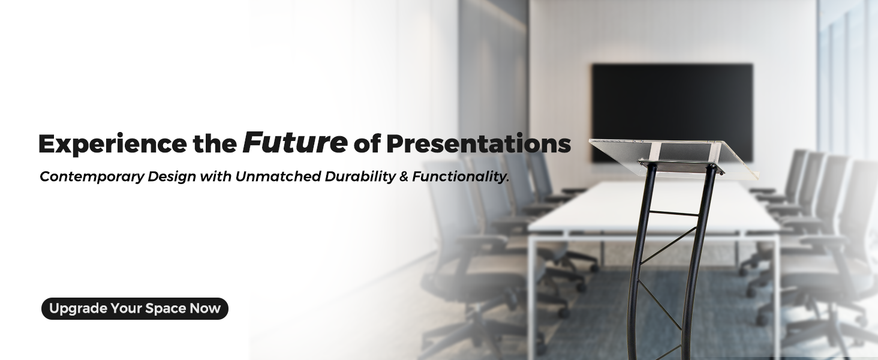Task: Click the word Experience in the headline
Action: click(x=113, y=145)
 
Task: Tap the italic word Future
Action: click(x=294, y=142)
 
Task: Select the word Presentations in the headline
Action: click(x=478, y=144)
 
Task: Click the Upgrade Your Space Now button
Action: click(x=135, y=308)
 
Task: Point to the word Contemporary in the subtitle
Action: click(x=92, y=177)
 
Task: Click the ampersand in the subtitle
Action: click(x=404, y=177)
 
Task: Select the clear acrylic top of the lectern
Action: click(x=673, y=158)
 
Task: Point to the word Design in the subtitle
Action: click(x=172, y=177)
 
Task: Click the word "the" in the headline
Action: click(x=215, y=144)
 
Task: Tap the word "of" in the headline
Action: click(x=367, y=144)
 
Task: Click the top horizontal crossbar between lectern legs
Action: click(x=673, y=214)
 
